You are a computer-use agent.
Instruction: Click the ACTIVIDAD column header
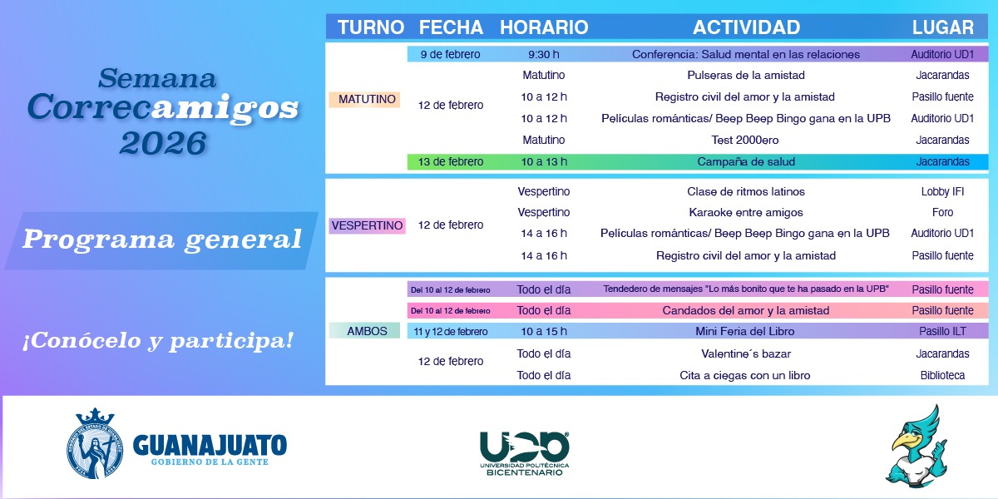(746, 27)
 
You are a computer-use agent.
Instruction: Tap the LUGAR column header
(943, 27)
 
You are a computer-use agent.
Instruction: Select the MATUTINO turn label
(367, 99)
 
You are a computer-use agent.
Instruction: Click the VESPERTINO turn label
(367, 225)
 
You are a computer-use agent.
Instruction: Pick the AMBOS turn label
(367, 331)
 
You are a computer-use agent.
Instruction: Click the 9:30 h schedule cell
(544, 54)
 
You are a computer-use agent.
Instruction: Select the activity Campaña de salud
(746, 161)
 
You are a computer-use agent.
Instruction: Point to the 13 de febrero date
(451, 161)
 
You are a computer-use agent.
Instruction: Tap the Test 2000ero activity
(745, 140)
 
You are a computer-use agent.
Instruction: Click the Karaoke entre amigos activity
(746, 213)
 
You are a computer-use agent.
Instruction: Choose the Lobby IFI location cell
(942, 191)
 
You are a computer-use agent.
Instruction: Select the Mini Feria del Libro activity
(745, 332)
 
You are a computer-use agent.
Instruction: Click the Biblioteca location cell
(942, 375)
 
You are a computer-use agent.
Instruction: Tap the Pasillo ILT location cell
(942, 332)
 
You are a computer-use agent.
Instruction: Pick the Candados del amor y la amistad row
(697, 310)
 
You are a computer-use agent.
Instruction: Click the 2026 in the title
(163, 143)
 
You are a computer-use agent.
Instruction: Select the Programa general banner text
(162, 240)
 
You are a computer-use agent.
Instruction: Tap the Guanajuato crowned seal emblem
(95, 444)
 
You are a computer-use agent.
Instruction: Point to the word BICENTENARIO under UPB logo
(525, 472)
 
